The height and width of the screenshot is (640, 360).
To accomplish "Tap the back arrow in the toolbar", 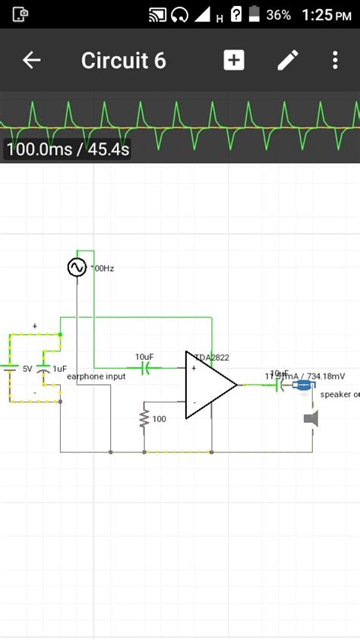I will click(31, 61).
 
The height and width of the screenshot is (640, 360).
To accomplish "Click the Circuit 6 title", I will click(123, 61).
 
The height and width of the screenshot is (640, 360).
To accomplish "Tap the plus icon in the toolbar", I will click(234, 61).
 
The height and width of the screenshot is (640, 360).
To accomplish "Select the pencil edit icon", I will click(288, 61).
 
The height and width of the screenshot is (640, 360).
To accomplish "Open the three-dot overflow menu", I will click(335, 61).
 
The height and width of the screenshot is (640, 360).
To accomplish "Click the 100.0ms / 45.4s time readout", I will click(68, 150).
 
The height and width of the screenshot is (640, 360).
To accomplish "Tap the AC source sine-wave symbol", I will click(77, 267).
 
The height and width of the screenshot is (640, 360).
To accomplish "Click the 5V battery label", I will click(27, 368).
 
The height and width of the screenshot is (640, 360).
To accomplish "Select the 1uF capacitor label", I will click(59, 368).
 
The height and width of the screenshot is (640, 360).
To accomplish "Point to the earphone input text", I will click(96, 377).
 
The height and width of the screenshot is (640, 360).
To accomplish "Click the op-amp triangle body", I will click(207, 385).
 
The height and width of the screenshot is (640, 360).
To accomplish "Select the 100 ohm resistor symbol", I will click(144, 418).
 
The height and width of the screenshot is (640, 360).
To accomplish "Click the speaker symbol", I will click(311, 418).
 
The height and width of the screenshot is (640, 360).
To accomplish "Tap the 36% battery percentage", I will click(279, 14).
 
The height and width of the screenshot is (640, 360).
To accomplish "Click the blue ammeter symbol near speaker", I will click(304, 386).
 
